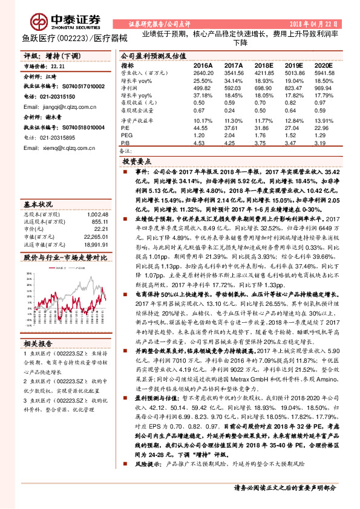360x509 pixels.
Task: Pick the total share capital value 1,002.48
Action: coord(96,198)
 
